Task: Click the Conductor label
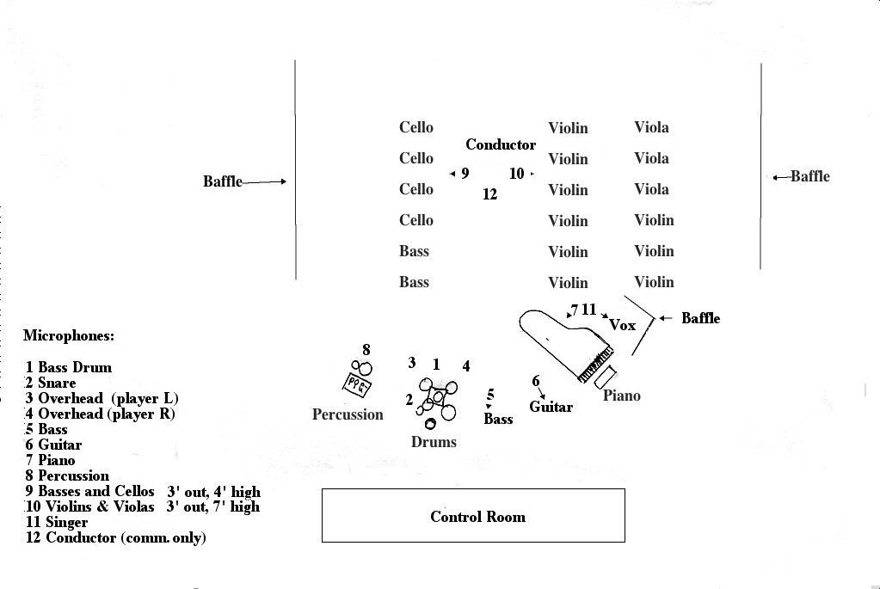coord(501,144)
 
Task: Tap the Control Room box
coord(473,516)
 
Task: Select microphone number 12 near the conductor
coord(489,194)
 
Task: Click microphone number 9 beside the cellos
coord(465,174)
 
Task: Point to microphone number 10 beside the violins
coord(516,174)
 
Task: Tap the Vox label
coord(622,325)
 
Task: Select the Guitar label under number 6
coord(551,407)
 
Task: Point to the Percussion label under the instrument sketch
coord(348,414)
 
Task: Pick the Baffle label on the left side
coord(223,181)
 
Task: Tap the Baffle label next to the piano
coord(700,318)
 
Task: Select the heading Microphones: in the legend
coord(69,335)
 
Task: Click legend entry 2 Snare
coord(51,383)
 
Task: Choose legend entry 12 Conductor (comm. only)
coord(116,537)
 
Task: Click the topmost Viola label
coord(651,127)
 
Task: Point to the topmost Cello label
coord(416,127)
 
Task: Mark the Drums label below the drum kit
coord(434,441)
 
